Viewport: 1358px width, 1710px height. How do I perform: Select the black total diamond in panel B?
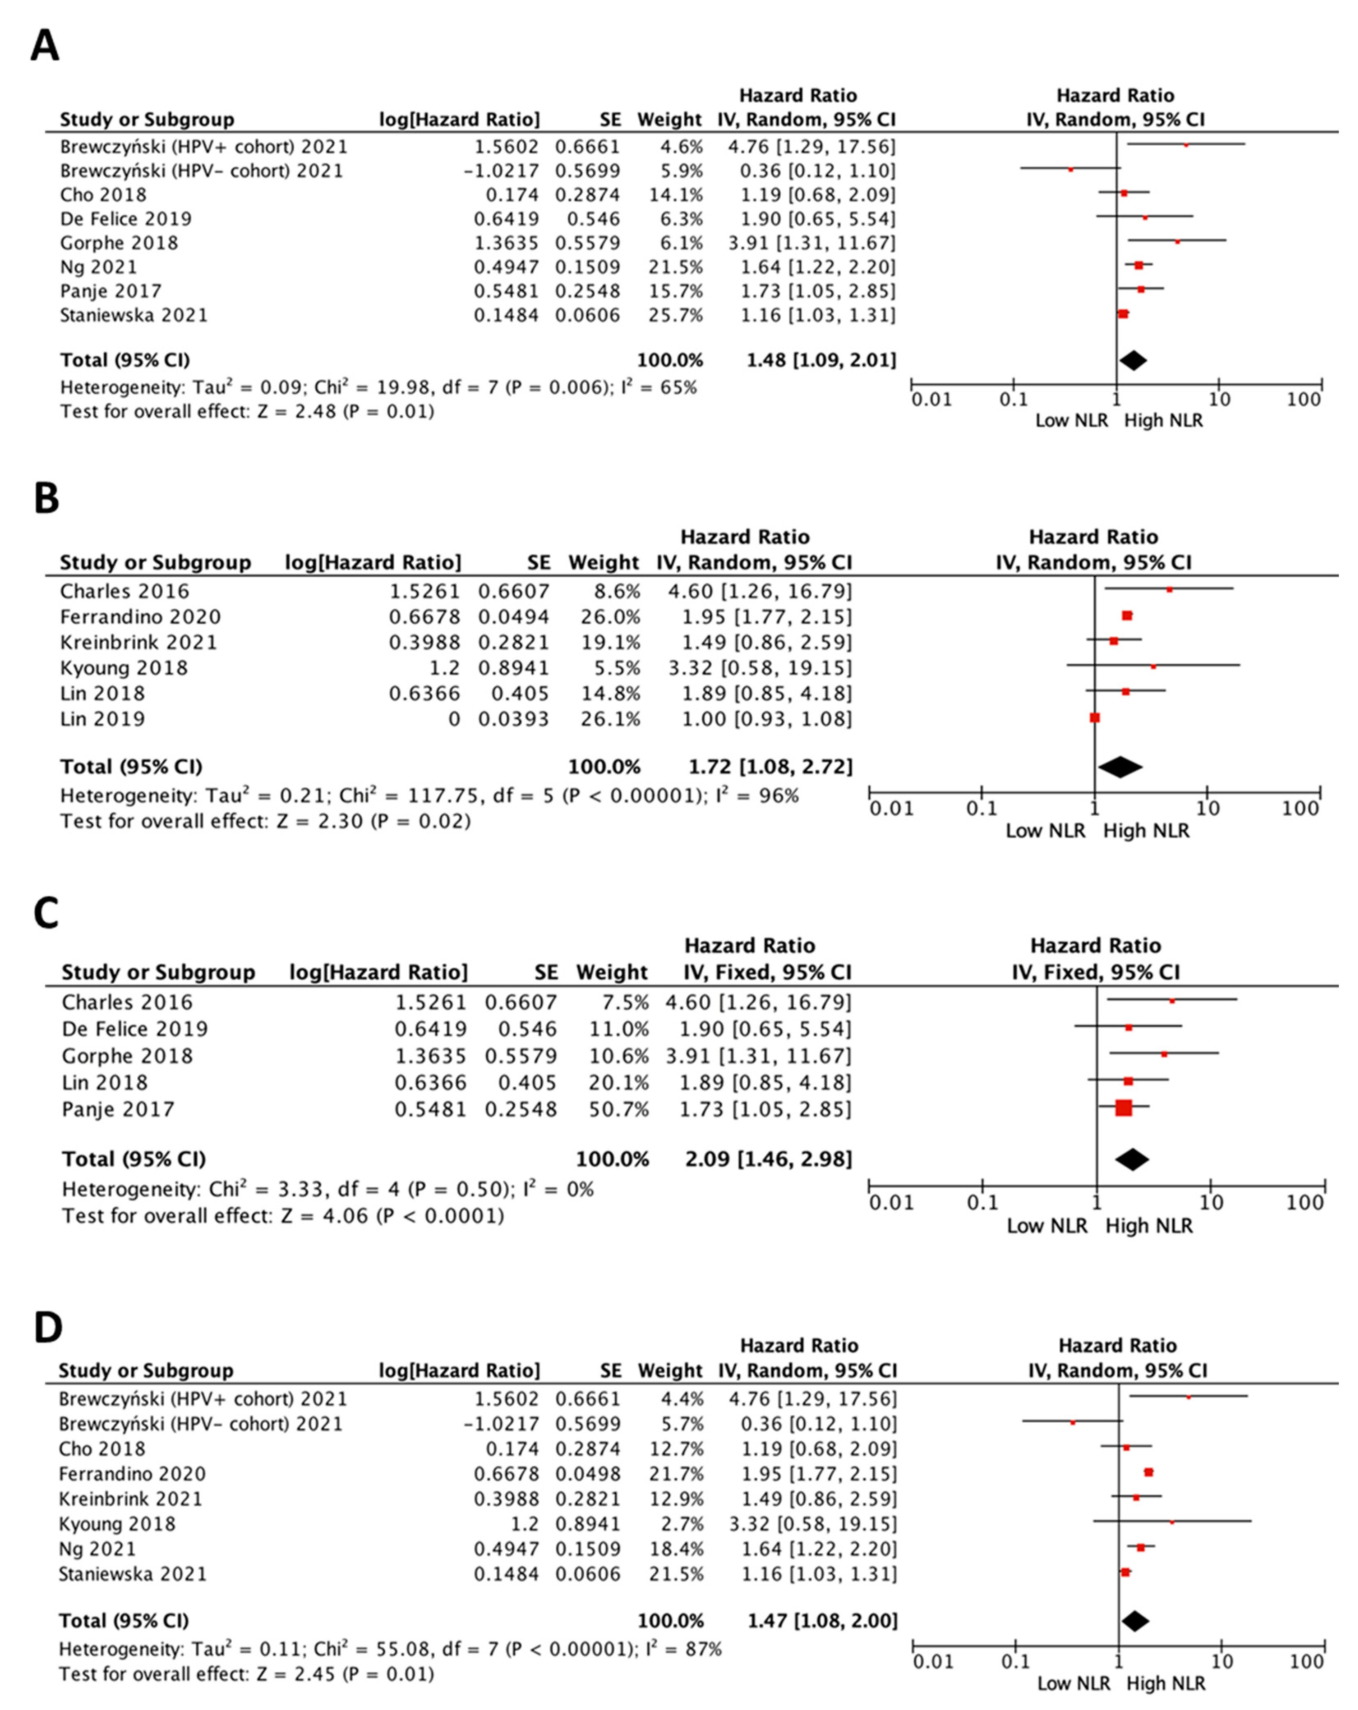point(1119,767)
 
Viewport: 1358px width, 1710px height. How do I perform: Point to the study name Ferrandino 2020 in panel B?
point(140,616)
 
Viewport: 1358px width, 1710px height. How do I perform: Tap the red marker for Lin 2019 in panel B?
point(1095,718)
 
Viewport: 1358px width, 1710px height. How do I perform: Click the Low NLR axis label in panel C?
point(1047,1225)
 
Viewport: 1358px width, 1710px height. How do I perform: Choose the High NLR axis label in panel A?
point(1163,420)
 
